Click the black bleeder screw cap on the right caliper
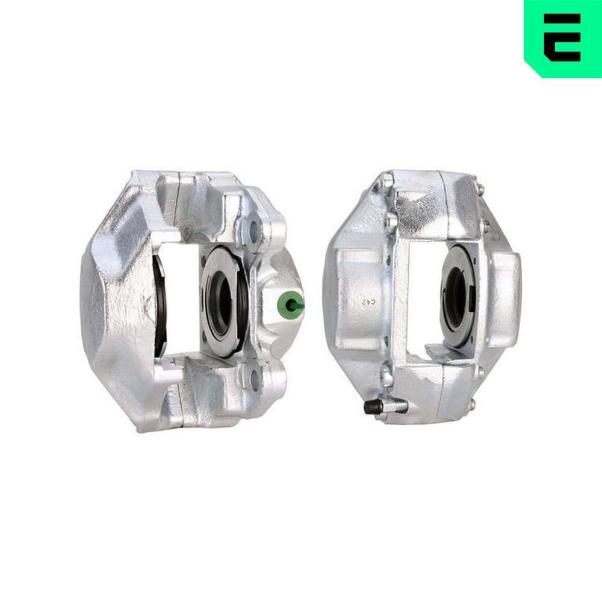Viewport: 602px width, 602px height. [x=370, y=408]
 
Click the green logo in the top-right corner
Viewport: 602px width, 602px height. [x=562, y=37]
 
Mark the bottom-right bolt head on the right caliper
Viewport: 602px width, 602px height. [x=473, y=402]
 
